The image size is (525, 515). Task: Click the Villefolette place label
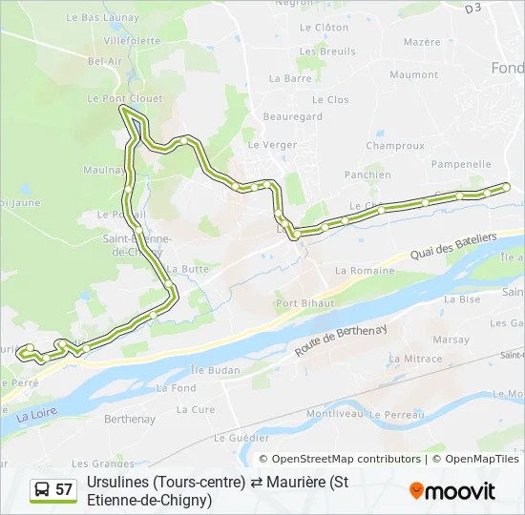tap(132, 41)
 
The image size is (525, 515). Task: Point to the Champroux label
tap(394, 146)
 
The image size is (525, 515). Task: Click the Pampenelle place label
tap(460, 164)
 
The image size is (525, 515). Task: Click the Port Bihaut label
tap(304, 303)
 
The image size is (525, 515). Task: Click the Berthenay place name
tap(129, 419)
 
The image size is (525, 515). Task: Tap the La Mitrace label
tap(416, 360)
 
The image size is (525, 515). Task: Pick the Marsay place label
tap(451, 340)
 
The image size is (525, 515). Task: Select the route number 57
tap(64, 490)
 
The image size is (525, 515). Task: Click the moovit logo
tap(452, 491)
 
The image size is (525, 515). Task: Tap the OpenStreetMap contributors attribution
tap(346, 460)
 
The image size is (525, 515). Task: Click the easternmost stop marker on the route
tap(506, 186)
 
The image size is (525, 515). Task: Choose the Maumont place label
tap(413, 74)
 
